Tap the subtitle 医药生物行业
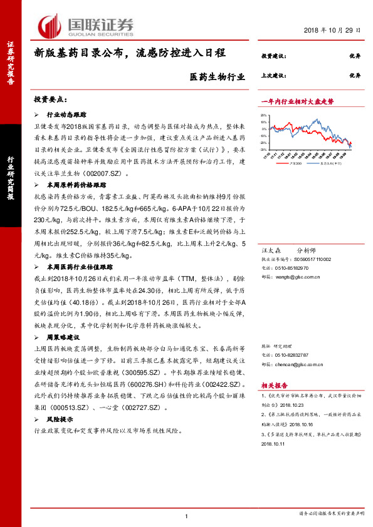tap(217, 78)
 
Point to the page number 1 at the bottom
tap(186, 515)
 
